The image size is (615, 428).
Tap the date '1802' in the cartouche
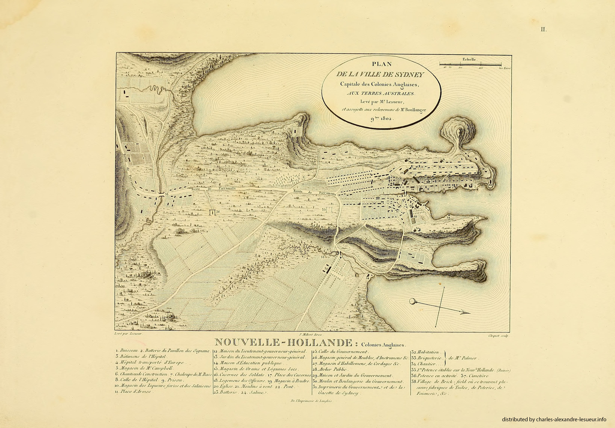pyautogui.click(x=386, y=119)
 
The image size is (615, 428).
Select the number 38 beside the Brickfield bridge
pyautogui.click(x=167, y=194)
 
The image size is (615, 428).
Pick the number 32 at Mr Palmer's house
pyautogui.click(x=326, y=268)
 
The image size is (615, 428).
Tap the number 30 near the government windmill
pyautogui.click(x=418, y=228)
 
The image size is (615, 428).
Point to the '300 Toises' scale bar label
pyautogui.click(x=505, y=68)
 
